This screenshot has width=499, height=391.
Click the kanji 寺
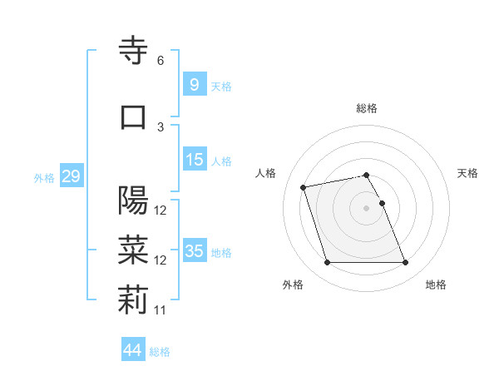133,52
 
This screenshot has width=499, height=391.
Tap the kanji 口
133,116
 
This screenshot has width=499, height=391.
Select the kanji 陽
133,200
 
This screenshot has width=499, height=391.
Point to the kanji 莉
133,301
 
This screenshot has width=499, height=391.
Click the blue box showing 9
194,84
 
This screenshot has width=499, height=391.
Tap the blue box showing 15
195,160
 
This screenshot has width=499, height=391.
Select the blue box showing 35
195,251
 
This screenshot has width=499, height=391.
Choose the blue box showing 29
71,176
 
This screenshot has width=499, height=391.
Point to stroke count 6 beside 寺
161,61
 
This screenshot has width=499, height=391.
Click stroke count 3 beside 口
161,126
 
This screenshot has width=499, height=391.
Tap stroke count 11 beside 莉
161,310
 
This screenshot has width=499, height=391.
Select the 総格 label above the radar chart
367,108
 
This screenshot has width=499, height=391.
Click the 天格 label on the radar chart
468,173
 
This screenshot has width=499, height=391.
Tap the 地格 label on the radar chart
436,285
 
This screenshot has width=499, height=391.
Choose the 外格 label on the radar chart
293,285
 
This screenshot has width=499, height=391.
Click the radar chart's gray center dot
367,208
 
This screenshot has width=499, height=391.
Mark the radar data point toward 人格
304,186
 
